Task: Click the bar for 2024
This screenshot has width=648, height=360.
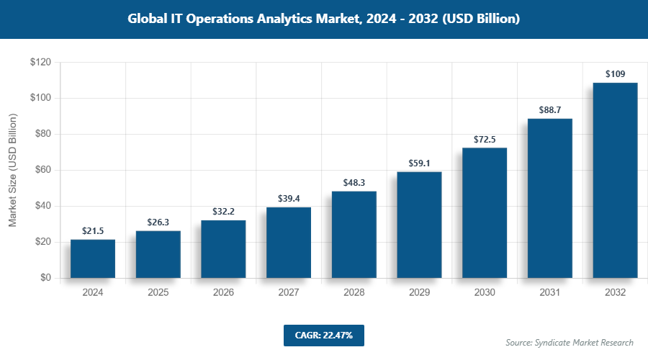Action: pyautogui.click(x=93, y=258)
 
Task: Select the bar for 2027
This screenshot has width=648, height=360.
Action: pyautogui.click(x=289, y=243)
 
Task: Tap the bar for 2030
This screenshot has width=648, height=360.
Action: pyautogui.click(x=485, y=212)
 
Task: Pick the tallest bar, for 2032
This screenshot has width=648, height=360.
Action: pyautogui.click(x=615, y=180)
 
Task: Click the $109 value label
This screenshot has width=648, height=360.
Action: pyautogui.click(x=615, y=73)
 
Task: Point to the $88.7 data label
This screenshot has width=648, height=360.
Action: pyautogui.click(x=550, y=109)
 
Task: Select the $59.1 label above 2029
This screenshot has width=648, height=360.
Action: pyautogui.click(x=419, y=163)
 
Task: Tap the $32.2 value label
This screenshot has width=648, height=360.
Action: pyautogui.click(x=223, y=212)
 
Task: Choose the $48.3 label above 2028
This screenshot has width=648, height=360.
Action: pyautogui.click(x=354, y=182)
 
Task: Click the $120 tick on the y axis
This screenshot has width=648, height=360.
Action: pyautogui.click(x=40, y=63)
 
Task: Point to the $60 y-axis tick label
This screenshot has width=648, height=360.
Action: pyautogui.click(x=42, y=170)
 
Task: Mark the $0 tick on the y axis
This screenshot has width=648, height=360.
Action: pyautogui.click(x=45, y=278)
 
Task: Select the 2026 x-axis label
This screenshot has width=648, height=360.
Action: pyautogui.click(x=223, y=293)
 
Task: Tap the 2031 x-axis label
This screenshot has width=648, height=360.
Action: pyautogui.click(x=550, y=293)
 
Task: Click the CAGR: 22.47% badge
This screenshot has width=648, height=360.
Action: pyautogui.click(x=323, y=335)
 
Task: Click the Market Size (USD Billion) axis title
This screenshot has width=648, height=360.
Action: pyautogui.click(x=12, y=170)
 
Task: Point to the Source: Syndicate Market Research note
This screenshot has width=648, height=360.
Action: pyautogui.click(x=570, y=342)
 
